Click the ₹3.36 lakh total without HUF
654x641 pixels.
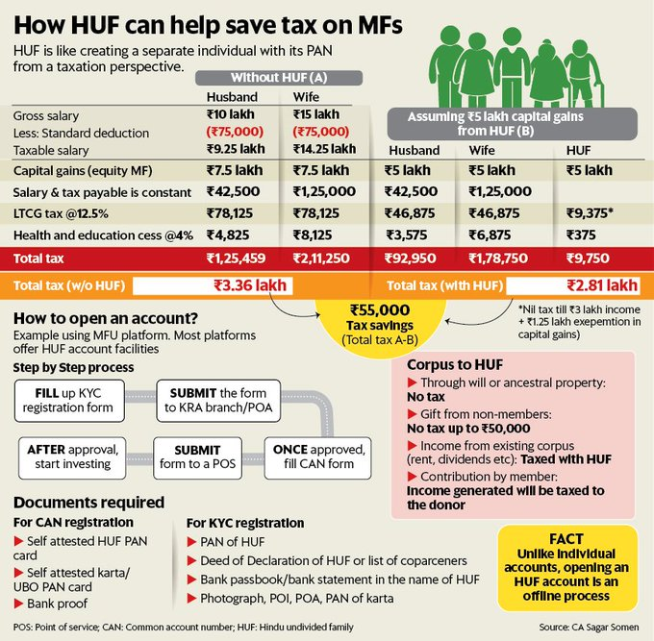point(247,286)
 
